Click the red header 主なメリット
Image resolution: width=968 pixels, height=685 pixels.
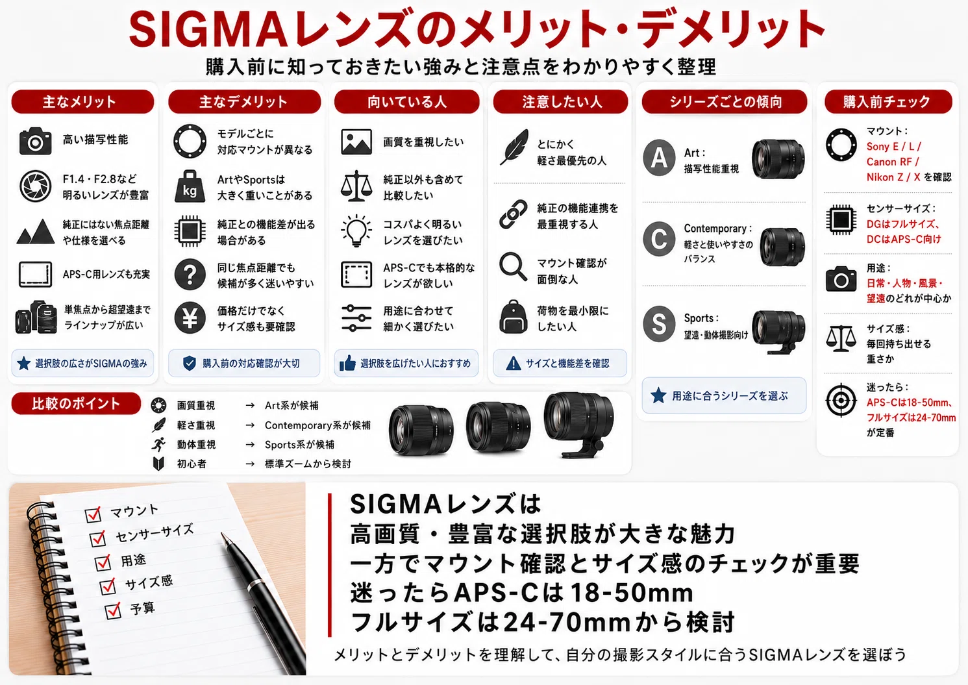(x=82, y=101)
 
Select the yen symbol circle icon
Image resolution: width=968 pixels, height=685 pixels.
(x=190, y=318)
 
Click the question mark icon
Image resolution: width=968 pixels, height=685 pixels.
(x=190, y=275)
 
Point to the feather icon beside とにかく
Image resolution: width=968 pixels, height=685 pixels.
(x=514, y=147)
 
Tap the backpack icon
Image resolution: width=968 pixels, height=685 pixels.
(x=514, y=317)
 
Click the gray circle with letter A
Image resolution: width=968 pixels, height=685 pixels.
(x=658, y=157)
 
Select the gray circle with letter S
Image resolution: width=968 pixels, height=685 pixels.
(x=658, y=324)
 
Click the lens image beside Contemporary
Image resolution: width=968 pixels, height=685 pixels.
(x=782, y=246)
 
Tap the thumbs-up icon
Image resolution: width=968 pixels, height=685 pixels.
(x=347, y=364)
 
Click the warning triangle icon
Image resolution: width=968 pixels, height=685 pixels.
(x=513, y=364)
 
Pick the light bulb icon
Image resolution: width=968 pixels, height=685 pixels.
(x=356, y=230)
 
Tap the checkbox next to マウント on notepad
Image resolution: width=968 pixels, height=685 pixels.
(x=93, y=514)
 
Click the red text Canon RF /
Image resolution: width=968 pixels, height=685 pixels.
(x=893, y=162)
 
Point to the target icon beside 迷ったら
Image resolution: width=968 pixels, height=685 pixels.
(x=841, y=400)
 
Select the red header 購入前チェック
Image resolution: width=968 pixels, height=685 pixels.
(x=888, y=101)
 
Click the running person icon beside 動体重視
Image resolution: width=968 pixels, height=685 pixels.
(x=158, y=444)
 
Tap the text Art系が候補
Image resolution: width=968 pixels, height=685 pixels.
(x=292, y=405)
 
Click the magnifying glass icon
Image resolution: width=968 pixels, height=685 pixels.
(x=513, y=266)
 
